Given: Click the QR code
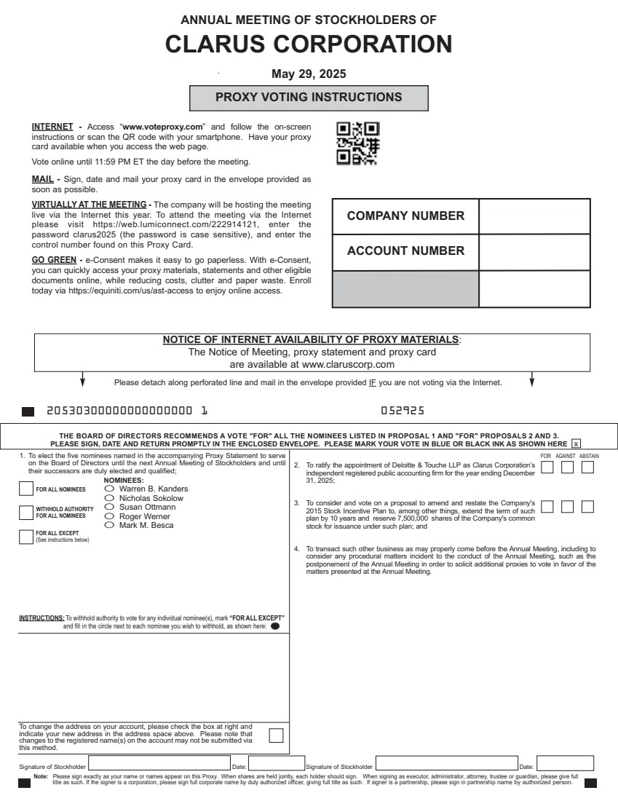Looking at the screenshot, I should [x=357, y=143].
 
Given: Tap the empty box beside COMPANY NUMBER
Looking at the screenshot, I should [x=534, y=216].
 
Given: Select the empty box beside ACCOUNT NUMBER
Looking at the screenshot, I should [x=534, y=251].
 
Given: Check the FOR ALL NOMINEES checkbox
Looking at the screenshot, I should [x=26, y=489].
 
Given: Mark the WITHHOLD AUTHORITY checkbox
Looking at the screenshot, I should [x=26, y=512].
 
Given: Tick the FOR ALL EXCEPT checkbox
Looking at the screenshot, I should [x=26, y=537].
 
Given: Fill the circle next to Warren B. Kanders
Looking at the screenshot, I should [x=110, y=489].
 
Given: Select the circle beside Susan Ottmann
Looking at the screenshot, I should [x=110, y=507].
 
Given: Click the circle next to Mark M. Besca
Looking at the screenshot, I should [x=110, y=525].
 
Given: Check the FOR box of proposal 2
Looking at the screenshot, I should [x=548, y=467].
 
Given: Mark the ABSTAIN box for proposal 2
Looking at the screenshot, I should [x=587, y=467].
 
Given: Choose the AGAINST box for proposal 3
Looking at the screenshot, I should [x=568, y=505].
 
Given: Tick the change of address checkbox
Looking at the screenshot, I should [x=276, y=735].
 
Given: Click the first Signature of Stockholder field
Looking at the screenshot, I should [x=159, y=764].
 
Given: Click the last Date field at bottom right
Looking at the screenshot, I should [x=565, y=764].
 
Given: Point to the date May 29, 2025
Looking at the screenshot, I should [x=309, y=74].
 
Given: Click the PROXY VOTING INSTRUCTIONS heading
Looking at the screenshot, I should [x=309, y=97].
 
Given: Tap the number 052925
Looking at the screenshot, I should [x=403, y=411].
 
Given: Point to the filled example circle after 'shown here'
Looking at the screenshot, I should [x=275, y=626].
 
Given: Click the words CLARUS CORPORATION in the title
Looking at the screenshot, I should [x=309, y=44].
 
